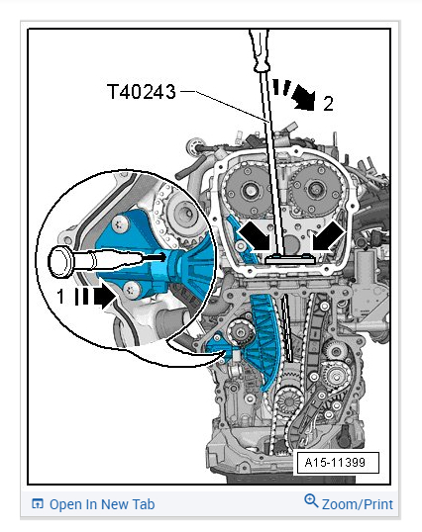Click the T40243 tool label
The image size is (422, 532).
142,92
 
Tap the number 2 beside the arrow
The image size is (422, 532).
328,104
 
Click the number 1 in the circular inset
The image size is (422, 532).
60,296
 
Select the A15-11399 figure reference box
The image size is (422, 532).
338,462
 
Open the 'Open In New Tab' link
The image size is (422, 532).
102,504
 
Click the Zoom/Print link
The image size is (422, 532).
357,504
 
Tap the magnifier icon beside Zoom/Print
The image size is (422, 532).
311,501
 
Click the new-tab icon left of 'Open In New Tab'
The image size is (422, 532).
38,504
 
